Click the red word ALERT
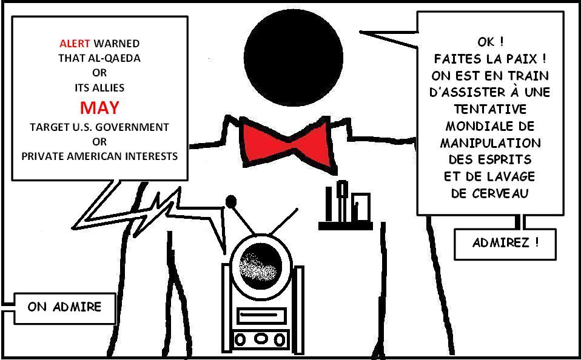[x=75, y=44]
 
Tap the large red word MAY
[x=99, y=108]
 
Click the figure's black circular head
[x=294, y=59]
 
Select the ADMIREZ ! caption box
[x=505, y=244]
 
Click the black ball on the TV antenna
[x=231, y=201]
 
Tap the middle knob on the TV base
[x=261, y=339]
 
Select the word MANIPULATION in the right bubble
[x=490, y=144]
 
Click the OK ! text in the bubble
[x=490, y=42]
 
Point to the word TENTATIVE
[x=490, y=110]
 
